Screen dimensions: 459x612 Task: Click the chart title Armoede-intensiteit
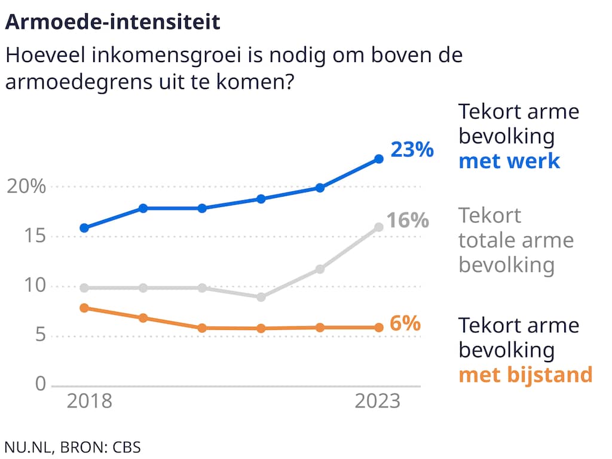pos(113,22)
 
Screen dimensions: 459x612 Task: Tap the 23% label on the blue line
pos(412,149)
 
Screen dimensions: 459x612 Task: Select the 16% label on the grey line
pos(408,221)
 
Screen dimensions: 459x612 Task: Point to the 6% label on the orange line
pos(405,324)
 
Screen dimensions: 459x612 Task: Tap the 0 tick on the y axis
pos(40,384)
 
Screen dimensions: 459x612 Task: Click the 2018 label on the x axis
pos(89,401)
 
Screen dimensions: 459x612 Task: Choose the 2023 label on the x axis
pos(378,401)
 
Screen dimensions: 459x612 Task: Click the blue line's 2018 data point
pos(84,228)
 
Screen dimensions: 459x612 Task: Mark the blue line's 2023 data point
pos(378,159)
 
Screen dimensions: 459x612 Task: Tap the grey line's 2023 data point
pos(378,227)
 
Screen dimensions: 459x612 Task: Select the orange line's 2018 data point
pos(84,308)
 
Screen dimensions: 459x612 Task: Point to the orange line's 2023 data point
pos(378,328)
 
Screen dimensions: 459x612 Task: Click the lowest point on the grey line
pos(261,297)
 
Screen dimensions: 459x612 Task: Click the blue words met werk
pos(509,161)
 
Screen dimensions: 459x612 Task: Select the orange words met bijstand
pos(525,375)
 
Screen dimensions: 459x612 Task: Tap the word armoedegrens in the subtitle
pos(70,82)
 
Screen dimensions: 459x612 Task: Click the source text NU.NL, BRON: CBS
pos(72,446)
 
